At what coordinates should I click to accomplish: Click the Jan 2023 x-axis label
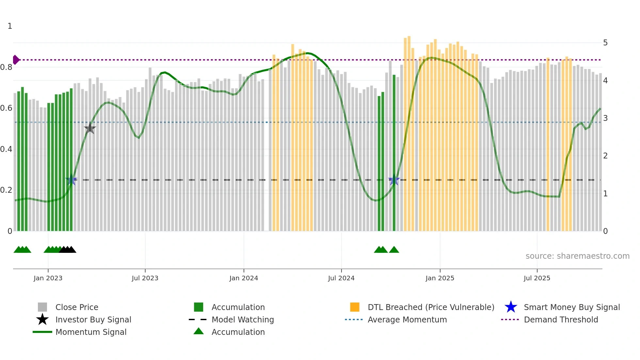pos(48,278)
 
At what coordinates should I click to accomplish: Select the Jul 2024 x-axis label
pos(341,278)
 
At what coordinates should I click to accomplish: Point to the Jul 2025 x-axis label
pos(537,278)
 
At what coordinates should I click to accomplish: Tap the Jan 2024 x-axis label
pos(244,278)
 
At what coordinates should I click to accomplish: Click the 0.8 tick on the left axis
pos(6,67)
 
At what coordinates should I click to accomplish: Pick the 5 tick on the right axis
pos(605,43)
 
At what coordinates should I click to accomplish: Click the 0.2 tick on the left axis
pos(6,190)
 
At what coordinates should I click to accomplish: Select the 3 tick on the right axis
pos(605,118)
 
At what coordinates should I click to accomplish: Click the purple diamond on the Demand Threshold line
pos(16,60)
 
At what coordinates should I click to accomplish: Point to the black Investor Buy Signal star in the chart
pos(90,128)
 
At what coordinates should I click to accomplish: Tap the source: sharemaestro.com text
pos(577,256)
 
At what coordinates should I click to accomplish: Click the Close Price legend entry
pos(77,307)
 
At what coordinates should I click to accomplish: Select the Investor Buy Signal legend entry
pos(93,319)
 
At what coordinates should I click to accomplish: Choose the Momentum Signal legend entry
pos(91,332)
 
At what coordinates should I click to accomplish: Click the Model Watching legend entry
pos(243,319)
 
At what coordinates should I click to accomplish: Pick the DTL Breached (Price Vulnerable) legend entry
pos(431,307)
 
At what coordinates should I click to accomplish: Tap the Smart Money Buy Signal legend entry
pos(571,307)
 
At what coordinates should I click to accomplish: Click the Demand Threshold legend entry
pos(561,319)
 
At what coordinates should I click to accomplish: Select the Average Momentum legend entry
pos(407,319)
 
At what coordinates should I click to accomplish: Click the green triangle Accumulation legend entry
pos(238,332)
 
